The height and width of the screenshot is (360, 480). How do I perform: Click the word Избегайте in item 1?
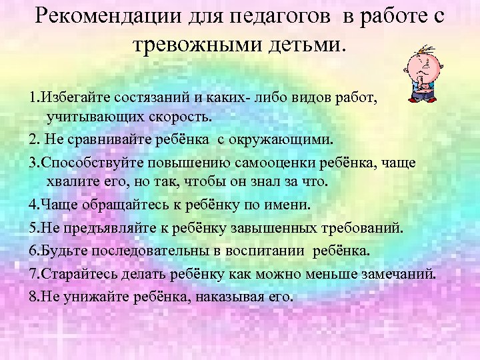pos(69,99)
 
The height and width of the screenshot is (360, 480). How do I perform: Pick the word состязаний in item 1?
pos(147,99)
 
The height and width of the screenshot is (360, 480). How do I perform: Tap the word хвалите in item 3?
pos(69,182)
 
